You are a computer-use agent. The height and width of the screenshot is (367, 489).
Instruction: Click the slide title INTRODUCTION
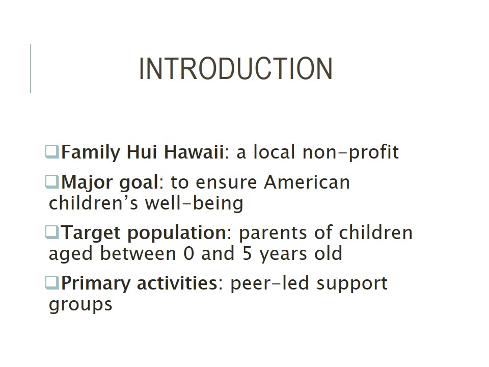coord(236,69)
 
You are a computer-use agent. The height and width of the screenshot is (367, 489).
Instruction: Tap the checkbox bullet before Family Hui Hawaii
coord(52,152)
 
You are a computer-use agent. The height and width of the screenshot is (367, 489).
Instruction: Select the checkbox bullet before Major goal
coord(52,182)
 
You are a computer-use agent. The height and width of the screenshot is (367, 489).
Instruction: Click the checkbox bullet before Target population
coord(52,232)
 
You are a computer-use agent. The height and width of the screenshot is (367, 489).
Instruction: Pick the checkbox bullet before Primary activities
coord(52,283)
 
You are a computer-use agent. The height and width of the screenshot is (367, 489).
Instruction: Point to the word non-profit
coord(350,152)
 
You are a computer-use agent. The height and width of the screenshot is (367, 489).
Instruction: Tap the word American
coord(307,182)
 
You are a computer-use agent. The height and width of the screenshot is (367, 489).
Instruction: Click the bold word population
coord(177,233)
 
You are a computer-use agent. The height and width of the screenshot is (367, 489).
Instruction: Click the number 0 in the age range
coord(189,253)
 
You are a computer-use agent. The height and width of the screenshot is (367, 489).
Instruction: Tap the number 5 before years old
coord(247,253)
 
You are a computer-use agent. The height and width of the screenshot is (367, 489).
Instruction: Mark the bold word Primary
coord(95,284)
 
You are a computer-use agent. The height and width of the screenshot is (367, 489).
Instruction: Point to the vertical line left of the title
coord(31,69)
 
